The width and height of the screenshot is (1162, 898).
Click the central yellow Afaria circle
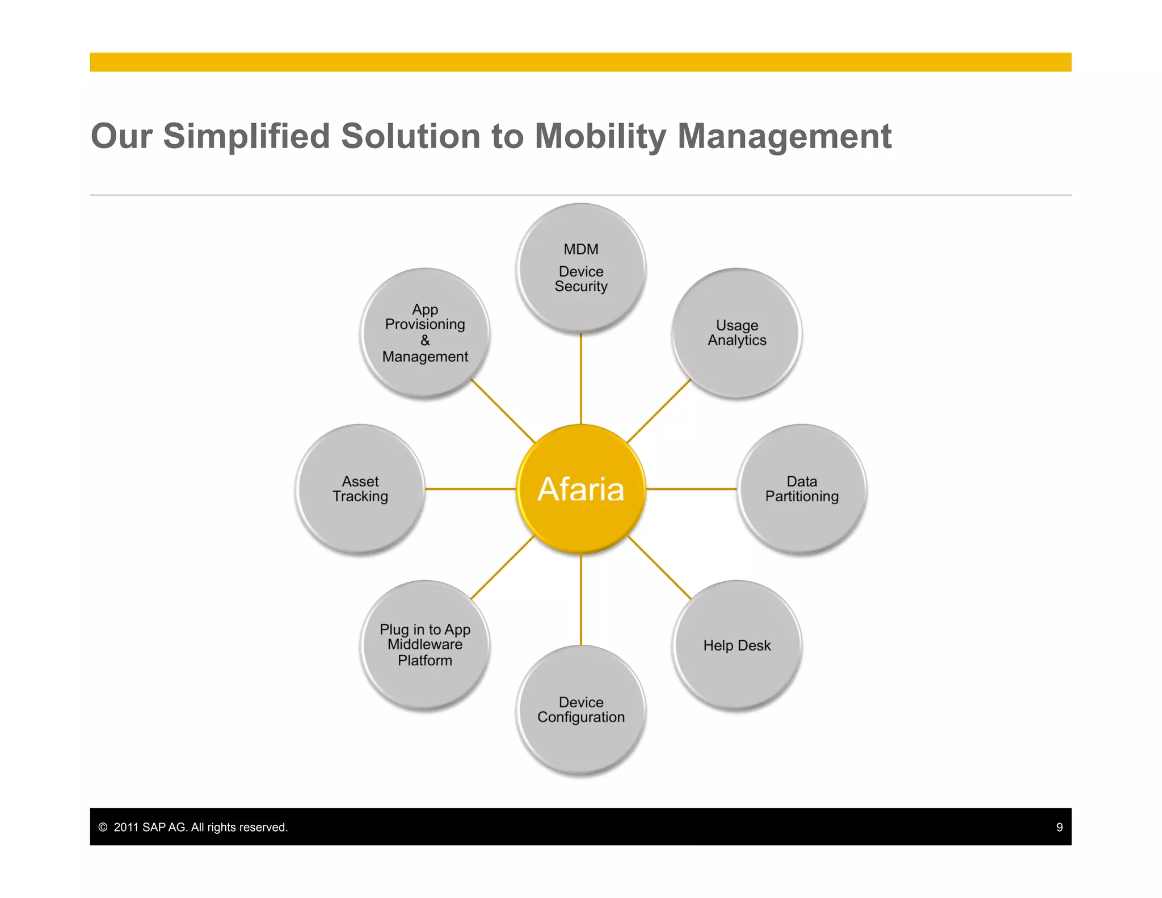pyautogui.click(x=580, y=489)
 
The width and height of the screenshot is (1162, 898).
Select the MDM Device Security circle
pyautogui.click(x=580, y=268)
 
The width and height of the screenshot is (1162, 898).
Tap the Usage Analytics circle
pyautogui.click(x=736, y=333)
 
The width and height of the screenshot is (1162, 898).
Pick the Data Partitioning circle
pyautogui.click(x=801, y=489)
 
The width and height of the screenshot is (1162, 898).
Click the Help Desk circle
pyautogui.click(x=736, y=645)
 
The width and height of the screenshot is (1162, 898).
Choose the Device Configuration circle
pyautogui.click(x=580, y=710)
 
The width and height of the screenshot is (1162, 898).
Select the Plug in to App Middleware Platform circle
pyautogui.click(x=425, y=645)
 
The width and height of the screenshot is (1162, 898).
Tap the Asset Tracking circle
pyautogui.click(x=360, y=489)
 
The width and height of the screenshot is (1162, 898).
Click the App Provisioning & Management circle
pyautogui.click(x=425, y=333)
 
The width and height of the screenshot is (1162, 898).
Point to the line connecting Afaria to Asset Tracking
pyautogui.click(x=470, y=489)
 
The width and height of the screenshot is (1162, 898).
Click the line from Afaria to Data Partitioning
pyautogui.click(x=691, y=489)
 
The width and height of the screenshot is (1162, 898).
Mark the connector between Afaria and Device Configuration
pyautogui.click(x=580, y=599)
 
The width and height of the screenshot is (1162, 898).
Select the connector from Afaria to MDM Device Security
pyautogui.click(x=580, y=379)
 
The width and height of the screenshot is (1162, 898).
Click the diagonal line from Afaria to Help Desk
pyautogui.click(x=659, y=567)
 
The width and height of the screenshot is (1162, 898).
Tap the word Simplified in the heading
pyautogui.click(x=246, y=136)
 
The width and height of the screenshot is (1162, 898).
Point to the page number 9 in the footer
pyautogui.click(x=1059, y=827)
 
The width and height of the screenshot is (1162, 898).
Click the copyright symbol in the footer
pyautogui.click(x=103, y=827)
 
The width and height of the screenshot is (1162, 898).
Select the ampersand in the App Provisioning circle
pyautogui.click(x=425, y=341)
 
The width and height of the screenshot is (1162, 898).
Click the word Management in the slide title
pyautogui.click(x=784, y=136)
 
